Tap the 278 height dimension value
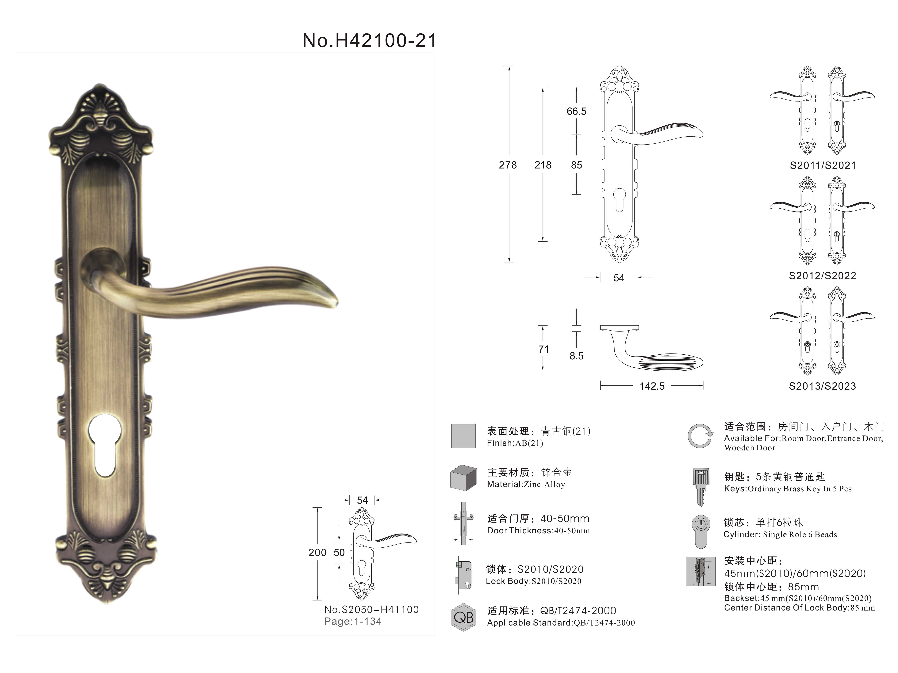tap(508, 165)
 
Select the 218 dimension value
tap(543, 165)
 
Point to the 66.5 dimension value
tap(577, 111)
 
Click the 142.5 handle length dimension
tap(652, 386)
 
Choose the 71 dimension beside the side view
tap(543, 349)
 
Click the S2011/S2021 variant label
tap(823, 165)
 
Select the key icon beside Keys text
tap(700, 487)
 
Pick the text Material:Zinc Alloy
tap(526, 484)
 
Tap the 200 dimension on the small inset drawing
tap(317, 553)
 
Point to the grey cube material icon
tap(463, 478)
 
